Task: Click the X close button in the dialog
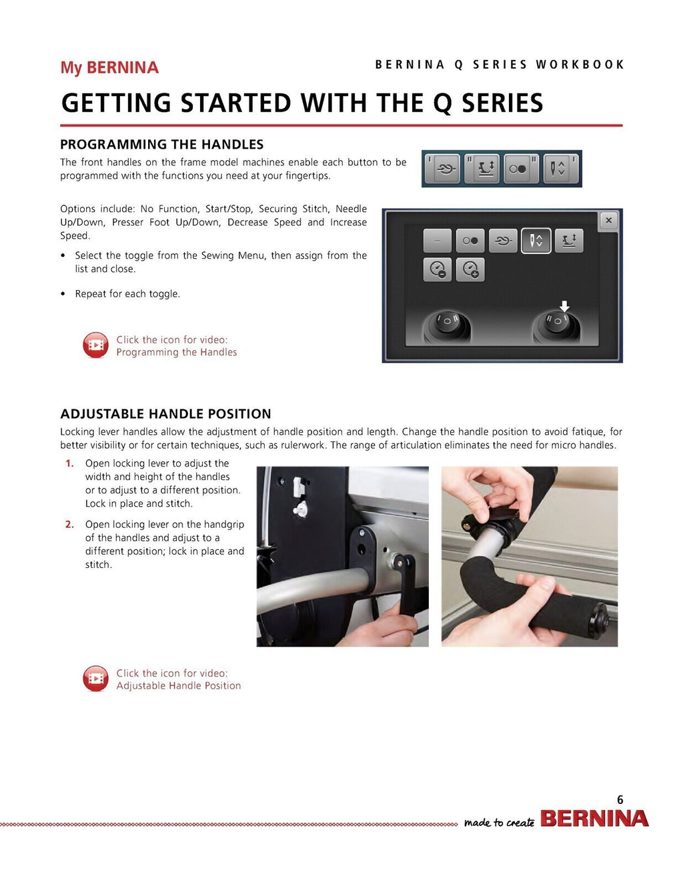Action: click(x=608, y=220)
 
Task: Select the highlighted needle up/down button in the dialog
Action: click(x=536, y=241)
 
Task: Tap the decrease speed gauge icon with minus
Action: click(x=438, y=269)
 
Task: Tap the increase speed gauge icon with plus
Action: click(x=470, y=269)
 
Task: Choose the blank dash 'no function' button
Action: click(x=438, y=241)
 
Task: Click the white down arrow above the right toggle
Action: click(x=564, y=306)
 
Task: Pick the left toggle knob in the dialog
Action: click(x=446, y=325)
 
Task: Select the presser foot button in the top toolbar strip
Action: click(x=484, y=169)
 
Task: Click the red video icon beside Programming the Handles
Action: click(x=95, y=345)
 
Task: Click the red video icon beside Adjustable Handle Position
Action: click(x=95, y=679)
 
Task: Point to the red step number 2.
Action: click(x=69, y=525)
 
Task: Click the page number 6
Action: click(x=620, y=800)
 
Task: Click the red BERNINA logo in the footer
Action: click(x=594, y=819)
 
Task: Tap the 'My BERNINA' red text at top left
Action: click(x=109, y=68)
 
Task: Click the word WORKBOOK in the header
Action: click(x=580, y=65)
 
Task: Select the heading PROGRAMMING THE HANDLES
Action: click(x=161, y=145)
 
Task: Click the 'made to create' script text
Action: click(x=499, y=823)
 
